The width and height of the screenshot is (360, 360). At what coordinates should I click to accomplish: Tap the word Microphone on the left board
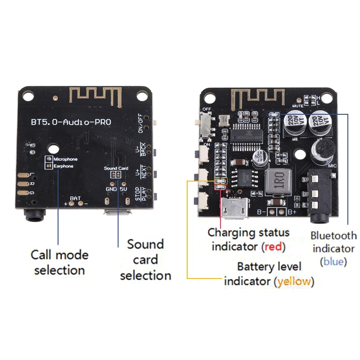pos(65,159)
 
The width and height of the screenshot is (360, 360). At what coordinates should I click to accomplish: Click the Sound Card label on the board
pos(116,168)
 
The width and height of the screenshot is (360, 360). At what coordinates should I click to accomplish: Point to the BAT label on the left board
pos(75,198)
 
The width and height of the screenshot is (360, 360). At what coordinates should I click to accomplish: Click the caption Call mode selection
pos(59,262)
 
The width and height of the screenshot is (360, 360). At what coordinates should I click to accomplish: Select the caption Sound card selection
pos(145,260)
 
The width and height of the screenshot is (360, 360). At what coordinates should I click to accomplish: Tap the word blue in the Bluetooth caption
pos(333,261)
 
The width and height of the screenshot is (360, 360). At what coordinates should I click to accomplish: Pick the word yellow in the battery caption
pos(294,282)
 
